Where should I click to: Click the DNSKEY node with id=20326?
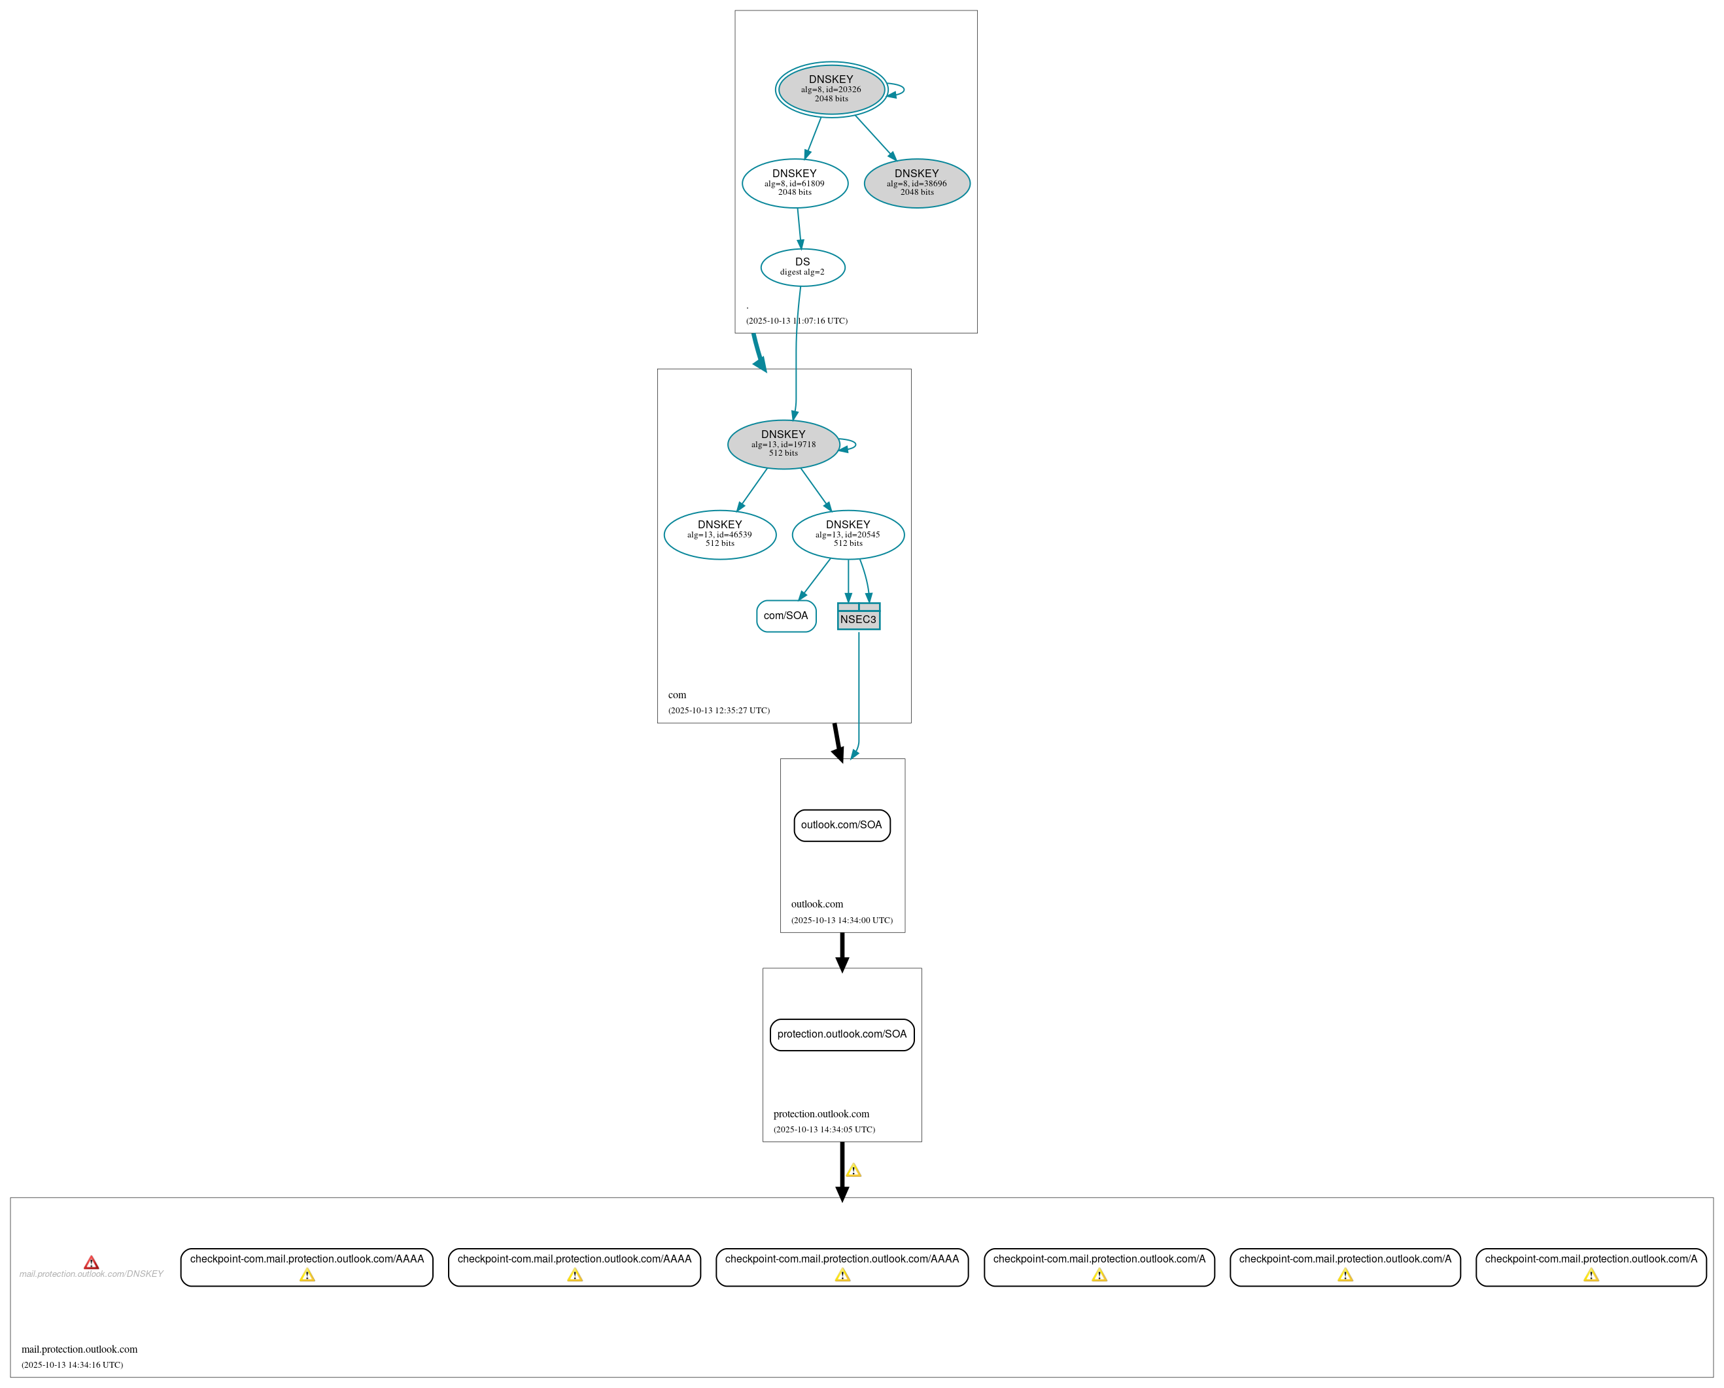click(831, 89)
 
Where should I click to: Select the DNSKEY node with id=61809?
click(794, 183)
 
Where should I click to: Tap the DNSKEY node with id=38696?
click(916, 183)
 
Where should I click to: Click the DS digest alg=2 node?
click(802, 267)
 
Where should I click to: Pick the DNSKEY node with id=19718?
click(783, 444)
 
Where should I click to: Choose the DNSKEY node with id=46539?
click(719, 534)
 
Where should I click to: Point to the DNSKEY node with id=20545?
click(848, 534)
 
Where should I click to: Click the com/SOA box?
click(786, 616)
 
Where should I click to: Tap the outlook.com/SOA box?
click(841, 825)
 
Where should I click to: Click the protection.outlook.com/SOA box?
click(841, 1034)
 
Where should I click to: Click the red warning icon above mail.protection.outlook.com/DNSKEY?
click(91, 1262)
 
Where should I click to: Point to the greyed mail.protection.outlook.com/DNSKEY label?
click(91, 1274)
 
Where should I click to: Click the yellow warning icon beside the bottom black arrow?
click(853, 1170)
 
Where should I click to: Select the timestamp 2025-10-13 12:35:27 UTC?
click(719, 710)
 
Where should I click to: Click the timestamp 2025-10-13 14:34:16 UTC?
click(72, 1365)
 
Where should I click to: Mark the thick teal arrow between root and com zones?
click(758, 352)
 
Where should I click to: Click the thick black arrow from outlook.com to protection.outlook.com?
click(842, 951)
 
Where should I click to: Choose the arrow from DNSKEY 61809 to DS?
click(799, 228)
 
